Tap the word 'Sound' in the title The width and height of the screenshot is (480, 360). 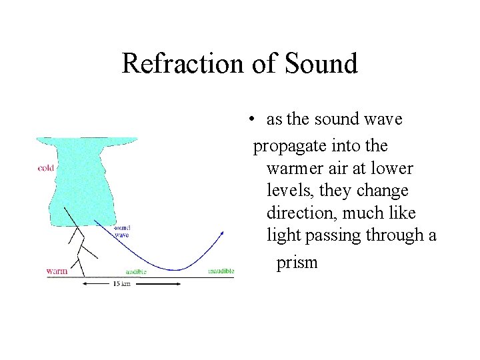(321, 64)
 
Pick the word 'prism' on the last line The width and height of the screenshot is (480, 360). (297, 262)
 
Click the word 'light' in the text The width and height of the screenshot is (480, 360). (282, 235)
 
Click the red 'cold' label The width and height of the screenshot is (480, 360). (46, 168)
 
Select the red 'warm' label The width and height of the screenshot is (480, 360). (57, 271)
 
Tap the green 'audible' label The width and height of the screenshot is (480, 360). (136, 272)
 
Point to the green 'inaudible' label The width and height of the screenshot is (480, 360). (221, 271)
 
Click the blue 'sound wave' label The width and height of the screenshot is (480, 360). (121, 231)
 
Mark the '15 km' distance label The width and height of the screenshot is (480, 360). (121, 284)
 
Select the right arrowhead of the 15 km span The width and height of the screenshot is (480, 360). (178, 283)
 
